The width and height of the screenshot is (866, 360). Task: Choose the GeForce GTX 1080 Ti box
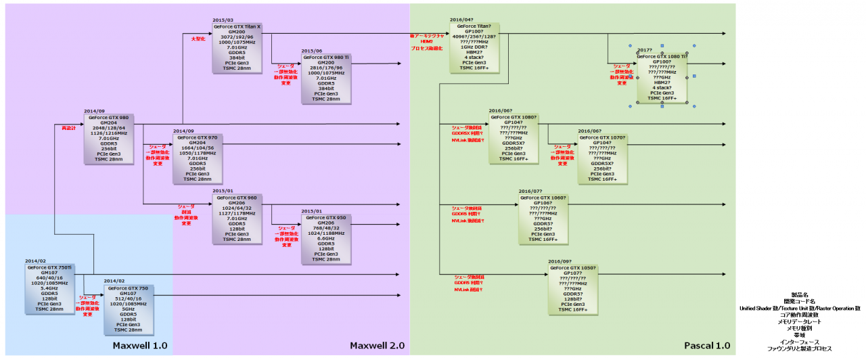662,77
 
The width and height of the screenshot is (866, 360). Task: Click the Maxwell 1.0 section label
140,346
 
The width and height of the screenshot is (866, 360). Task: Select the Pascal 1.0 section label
708,346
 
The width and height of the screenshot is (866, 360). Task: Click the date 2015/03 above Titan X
223,20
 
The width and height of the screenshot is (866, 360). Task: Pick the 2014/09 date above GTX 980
94,110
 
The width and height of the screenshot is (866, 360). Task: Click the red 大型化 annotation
198,39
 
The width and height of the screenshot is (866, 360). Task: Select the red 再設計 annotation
69,127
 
